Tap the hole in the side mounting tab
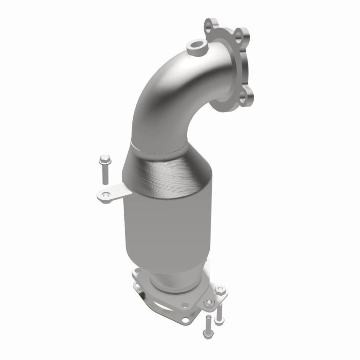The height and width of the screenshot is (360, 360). tap(106, 195)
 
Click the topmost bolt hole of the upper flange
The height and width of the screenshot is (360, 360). tap(211, 24)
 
